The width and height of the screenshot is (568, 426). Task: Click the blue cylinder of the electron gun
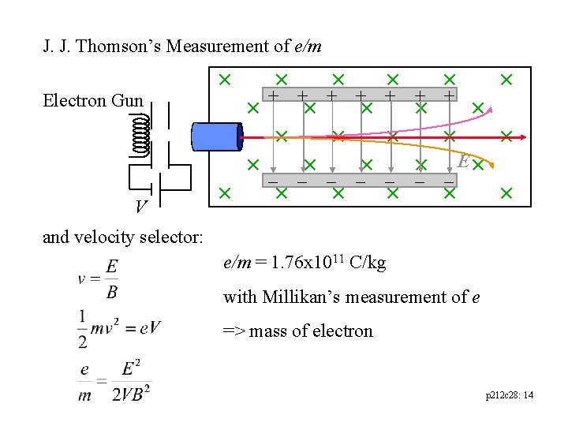tap(216, 136)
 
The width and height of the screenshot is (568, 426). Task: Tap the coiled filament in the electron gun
tap(140, 135)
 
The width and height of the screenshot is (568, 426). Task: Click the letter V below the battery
tap(140, 207)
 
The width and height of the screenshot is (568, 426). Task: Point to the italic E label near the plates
tap(464, 162)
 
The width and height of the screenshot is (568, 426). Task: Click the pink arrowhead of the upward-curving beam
tap(489, 110)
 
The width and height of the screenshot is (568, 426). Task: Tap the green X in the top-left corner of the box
tap(224, 79)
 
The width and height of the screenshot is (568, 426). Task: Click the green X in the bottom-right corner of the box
tap(506, 192)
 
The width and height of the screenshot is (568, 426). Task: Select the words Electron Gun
tap(93, 101)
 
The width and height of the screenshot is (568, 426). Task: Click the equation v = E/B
tap(99, 280)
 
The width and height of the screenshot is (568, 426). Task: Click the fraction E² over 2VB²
tap(130, 382)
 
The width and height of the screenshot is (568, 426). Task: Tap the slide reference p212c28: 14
tap(509, 394)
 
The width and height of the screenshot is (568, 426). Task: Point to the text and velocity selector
tap(123, 237)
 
